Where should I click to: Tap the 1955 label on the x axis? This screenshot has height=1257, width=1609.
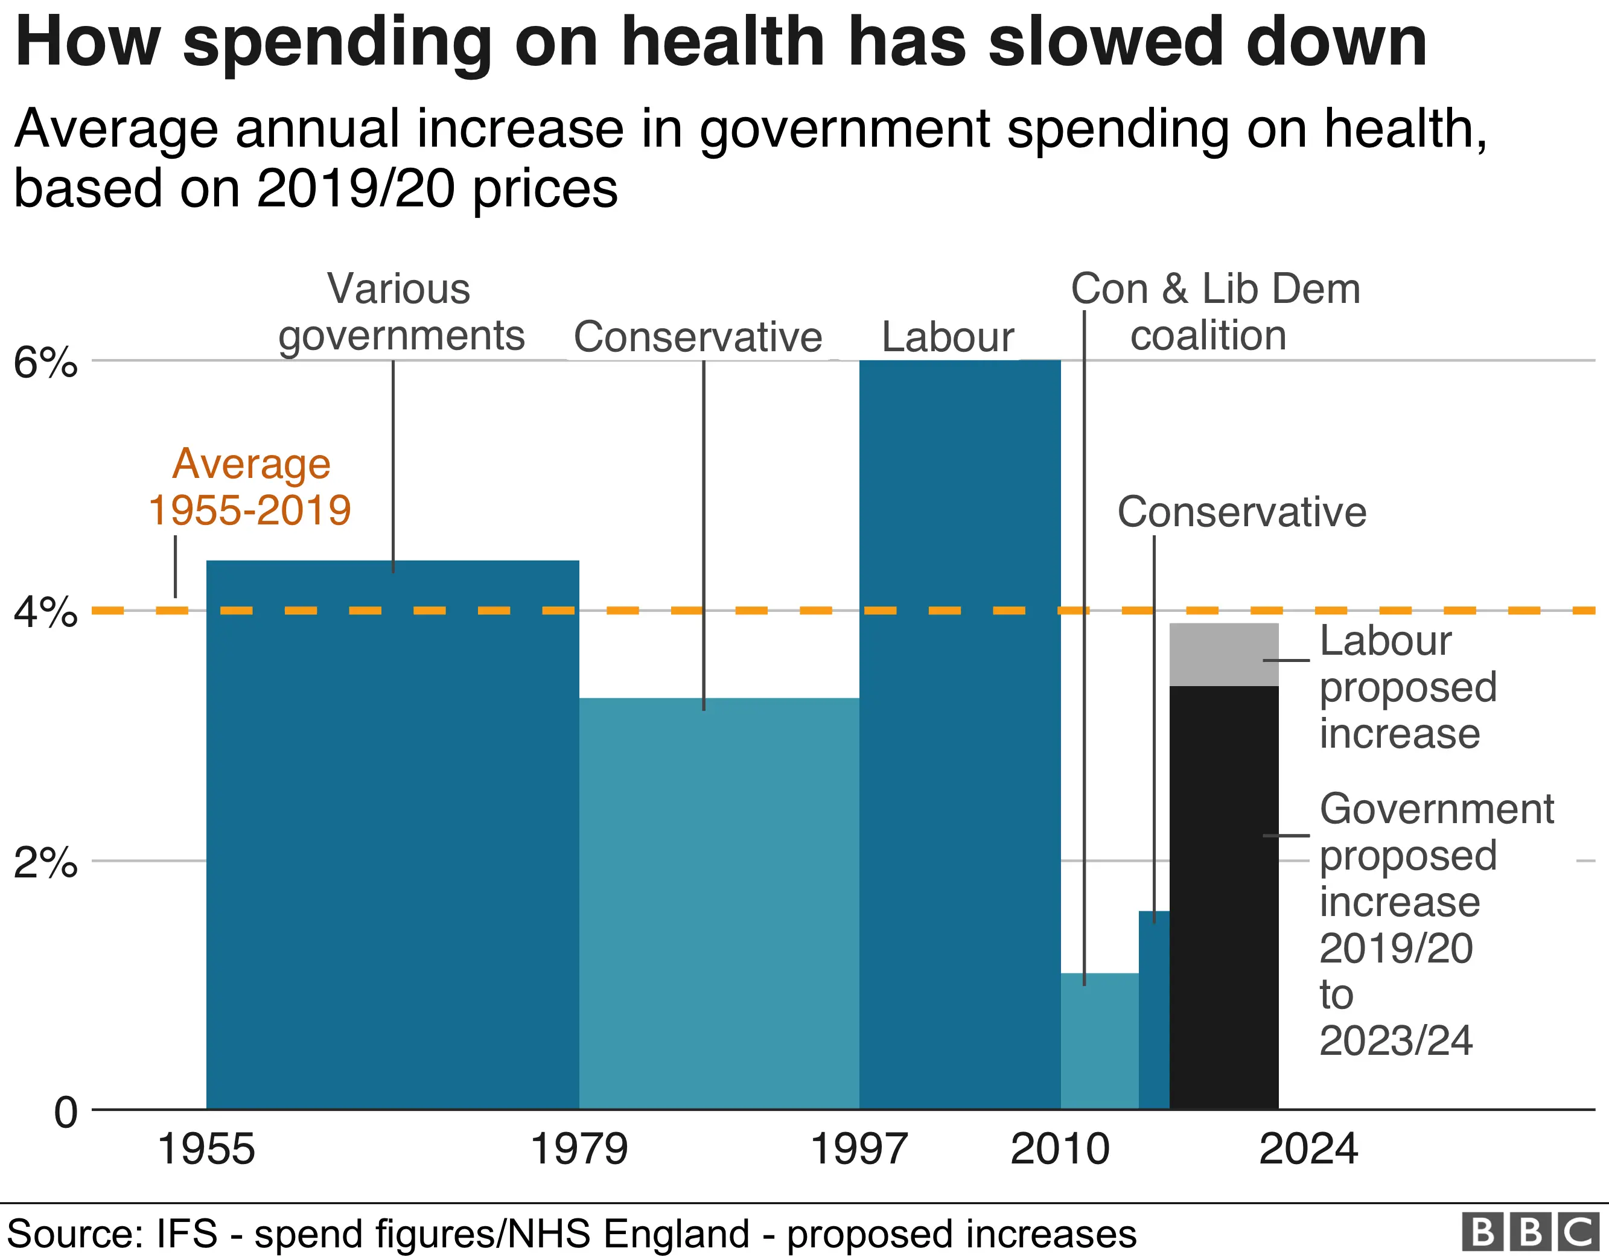(x=206, y=1149)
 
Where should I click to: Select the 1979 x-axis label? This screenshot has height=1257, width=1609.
(x=579, y=1149)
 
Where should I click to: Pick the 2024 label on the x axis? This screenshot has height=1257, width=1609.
(x=1308, y=1149)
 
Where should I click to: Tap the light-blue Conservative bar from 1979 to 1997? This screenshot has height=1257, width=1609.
(x=718, y=906)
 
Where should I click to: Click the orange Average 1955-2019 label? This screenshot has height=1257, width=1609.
(x=250, y=487)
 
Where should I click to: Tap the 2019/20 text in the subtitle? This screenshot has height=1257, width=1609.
(x=356, y=189)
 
